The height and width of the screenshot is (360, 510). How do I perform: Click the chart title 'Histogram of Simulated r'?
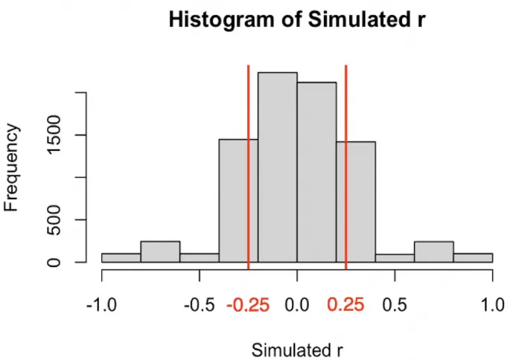click(x=296, y=20)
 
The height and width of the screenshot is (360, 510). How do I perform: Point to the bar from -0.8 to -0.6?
click(x=160, y=252)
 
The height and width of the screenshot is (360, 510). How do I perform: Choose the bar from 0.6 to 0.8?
click(x=434, y=252)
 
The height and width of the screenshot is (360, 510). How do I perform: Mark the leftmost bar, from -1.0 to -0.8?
click(x=121, y=258)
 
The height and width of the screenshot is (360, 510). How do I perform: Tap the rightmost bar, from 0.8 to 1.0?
click(x=473, y=258)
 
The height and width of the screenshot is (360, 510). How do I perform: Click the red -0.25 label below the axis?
click(x=249, y=305)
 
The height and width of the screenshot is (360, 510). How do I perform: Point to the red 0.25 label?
click(x=346, y=305)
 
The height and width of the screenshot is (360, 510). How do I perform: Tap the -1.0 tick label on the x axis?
click(x=101, y=305)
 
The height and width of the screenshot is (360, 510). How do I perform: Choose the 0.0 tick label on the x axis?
click(x=298, y=305)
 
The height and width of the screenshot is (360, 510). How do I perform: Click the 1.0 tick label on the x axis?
click(x=492, y=305)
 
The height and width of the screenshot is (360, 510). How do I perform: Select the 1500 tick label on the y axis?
click(x=57, y=135)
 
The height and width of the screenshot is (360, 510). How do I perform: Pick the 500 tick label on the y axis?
click(x=57, y=220)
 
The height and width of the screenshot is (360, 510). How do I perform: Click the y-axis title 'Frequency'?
click(x=13, y=167)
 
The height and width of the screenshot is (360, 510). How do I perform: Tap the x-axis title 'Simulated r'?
click(x=296, y=350)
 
